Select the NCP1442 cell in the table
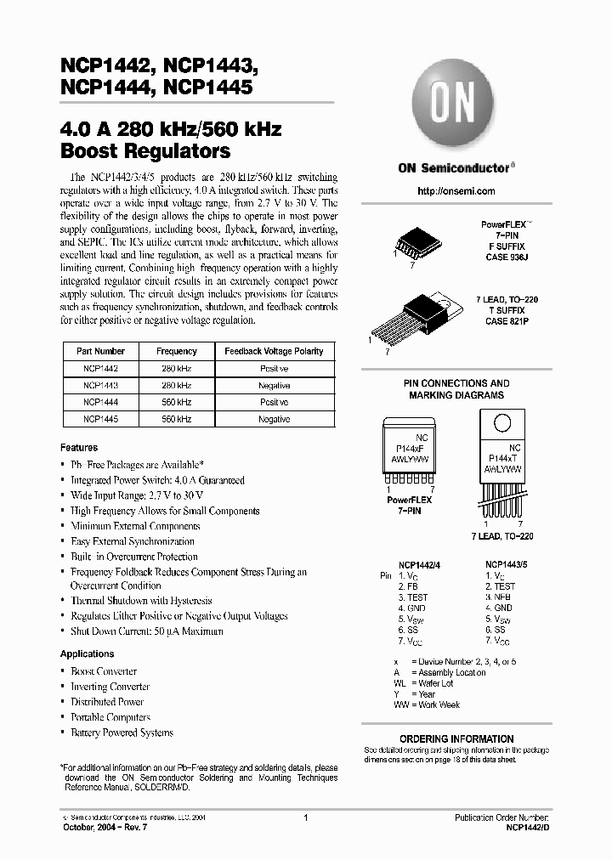100,369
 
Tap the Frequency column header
177,351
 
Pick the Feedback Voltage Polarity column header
274,351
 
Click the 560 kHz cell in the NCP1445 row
177,419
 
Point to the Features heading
78,447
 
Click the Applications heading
87,653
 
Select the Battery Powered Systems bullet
122,733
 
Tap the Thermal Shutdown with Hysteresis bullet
141,600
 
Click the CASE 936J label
507,256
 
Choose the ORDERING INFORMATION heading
456,738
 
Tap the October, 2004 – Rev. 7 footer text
99,825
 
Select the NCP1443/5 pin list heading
506,564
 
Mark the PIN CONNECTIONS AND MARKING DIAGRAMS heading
456,389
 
